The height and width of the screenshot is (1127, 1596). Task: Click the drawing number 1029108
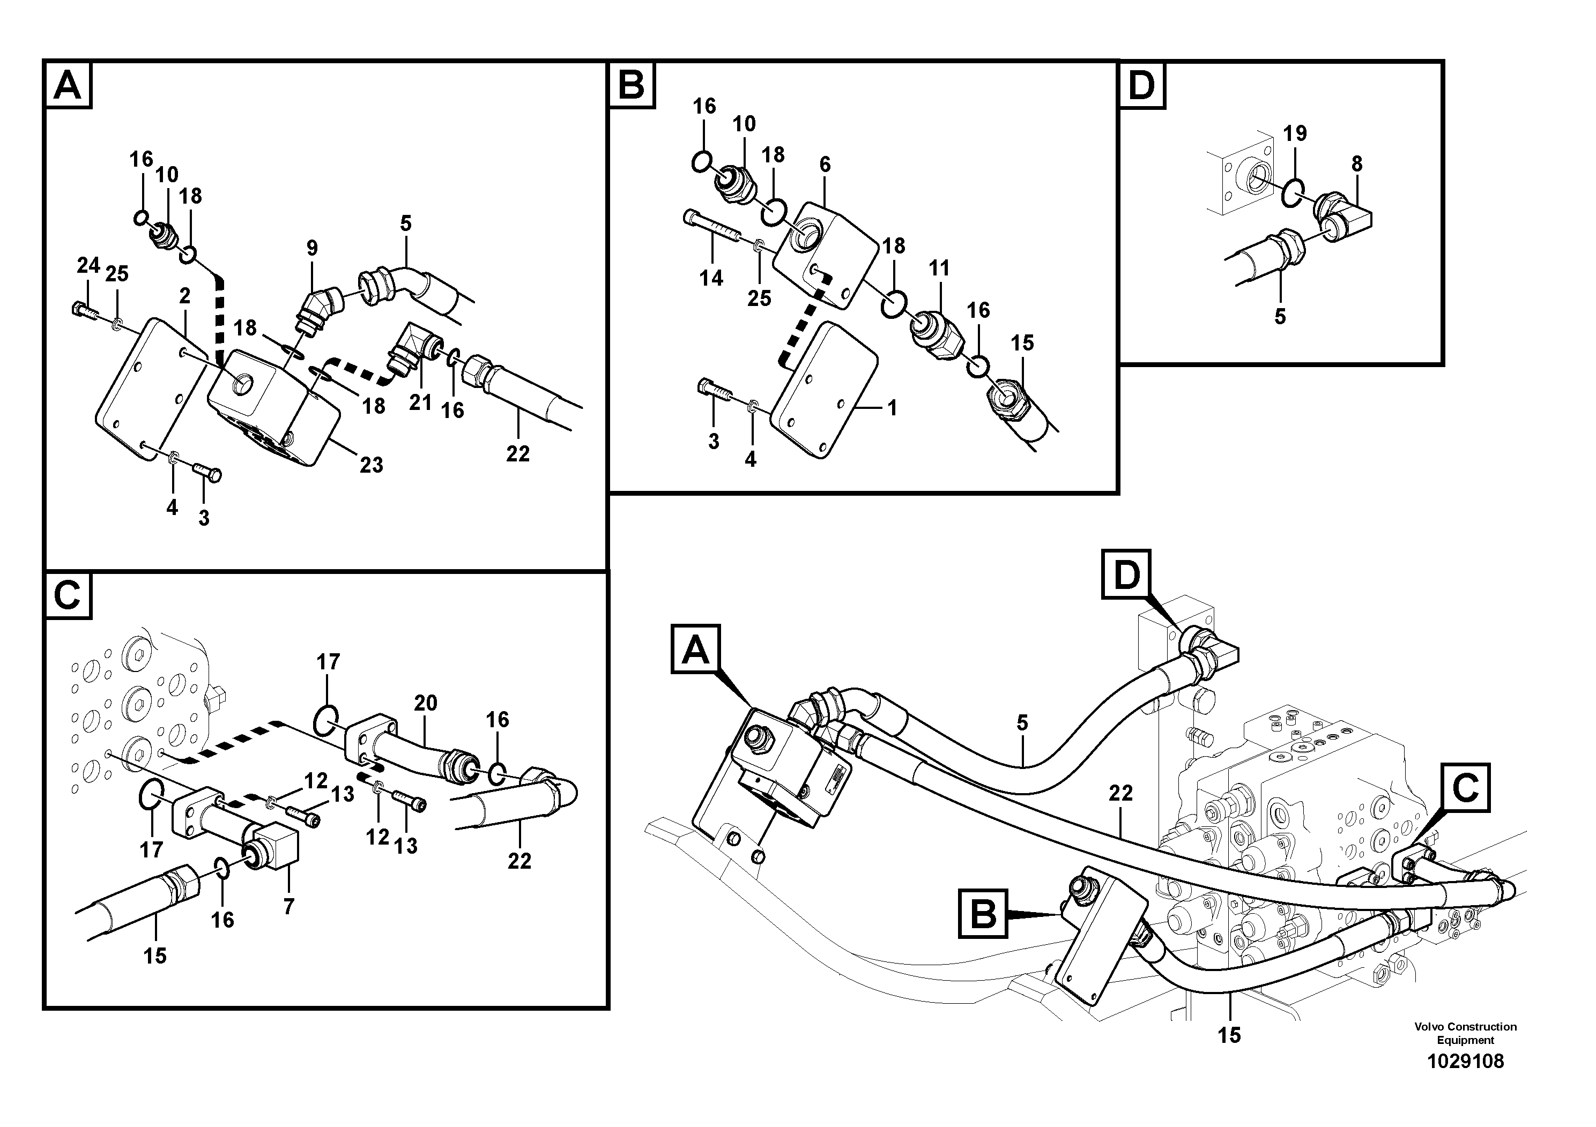tap(1465, 1061)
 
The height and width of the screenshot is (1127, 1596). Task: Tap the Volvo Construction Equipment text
tap(1465, 1033)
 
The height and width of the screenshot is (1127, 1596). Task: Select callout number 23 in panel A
tap(371, 465)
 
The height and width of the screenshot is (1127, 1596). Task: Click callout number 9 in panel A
tap(312, 248)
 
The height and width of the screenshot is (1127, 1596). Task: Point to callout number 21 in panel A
tap(420, 402)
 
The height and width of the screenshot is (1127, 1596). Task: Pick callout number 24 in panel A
tap(88, 265)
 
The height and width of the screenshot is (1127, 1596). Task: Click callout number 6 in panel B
tap(825, 165)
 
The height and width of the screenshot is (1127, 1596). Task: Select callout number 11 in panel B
tap(939, 268)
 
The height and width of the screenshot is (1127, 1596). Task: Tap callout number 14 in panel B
tap(711, 279)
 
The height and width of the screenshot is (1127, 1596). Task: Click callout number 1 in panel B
tap(893, 408)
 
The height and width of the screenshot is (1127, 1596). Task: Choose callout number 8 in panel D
tap(1357, 165)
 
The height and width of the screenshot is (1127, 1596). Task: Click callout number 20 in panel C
tap(426, 703)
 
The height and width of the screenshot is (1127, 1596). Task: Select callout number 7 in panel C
tap(288, 906)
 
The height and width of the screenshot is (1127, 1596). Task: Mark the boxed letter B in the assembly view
tap(983, 913)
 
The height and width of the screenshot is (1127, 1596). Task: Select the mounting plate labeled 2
tap(150, 389)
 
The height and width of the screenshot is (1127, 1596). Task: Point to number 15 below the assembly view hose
tap(1229, 1035)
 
